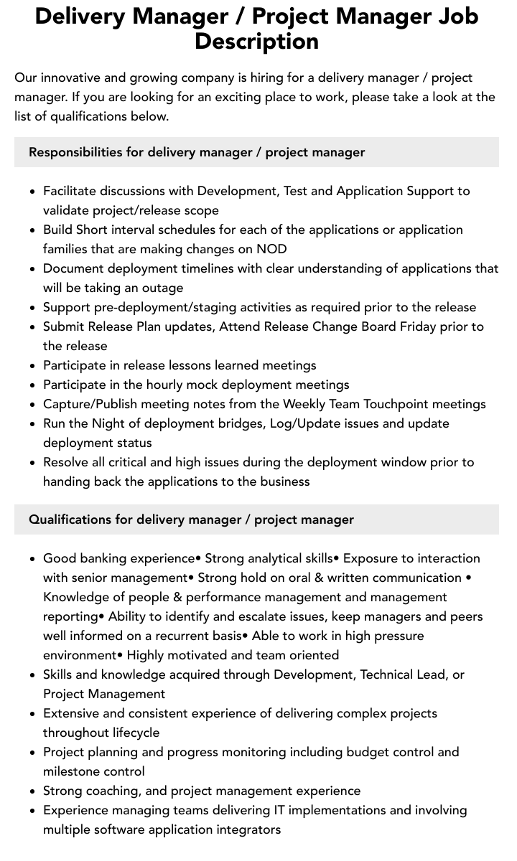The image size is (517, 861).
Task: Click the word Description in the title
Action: pos(256,41)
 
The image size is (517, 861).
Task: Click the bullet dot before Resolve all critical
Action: pos(32,463)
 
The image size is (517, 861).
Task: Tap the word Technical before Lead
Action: pos(393,674)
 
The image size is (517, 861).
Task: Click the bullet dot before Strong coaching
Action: pos(32,791)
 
